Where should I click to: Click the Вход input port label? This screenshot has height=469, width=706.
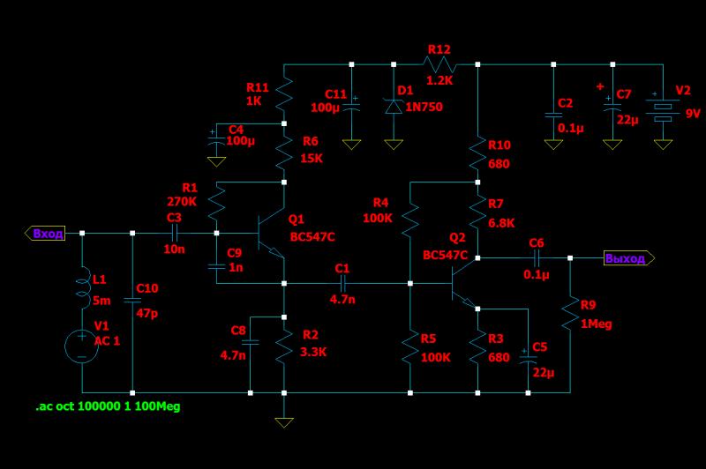click(45, 234)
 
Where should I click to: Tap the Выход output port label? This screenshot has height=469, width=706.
click(629, 258)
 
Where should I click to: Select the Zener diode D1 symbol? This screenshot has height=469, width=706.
click(394, 106)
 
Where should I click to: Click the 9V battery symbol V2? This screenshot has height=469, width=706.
click(663, 110)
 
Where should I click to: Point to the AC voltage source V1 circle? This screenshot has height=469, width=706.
click(82, 346)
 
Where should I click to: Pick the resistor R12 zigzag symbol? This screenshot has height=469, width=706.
click(439, 64)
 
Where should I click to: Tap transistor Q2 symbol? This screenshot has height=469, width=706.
click(465, 283)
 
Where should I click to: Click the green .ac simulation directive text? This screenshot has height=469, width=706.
click(108, 406)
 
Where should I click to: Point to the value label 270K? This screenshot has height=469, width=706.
click(182, 202)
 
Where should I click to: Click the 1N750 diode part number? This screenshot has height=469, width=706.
click(424, 107)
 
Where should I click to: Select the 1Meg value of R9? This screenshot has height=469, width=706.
click(597, 324)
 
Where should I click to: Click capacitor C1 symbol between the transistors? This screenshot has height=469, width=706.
click(342, 283)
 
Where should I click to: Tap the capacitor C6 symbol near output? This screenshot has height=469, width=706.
click(537, 258)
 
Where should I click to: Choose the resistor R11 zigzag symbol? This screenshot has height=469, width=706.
click(284, 93)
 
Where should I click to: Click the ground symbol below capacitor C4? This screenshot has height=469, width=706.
click(216, 161)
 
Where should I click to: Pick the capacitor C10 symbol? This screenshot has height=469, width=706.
click(132, 300)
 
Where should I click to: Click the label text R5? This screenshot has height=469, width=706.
click(429, 339)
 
